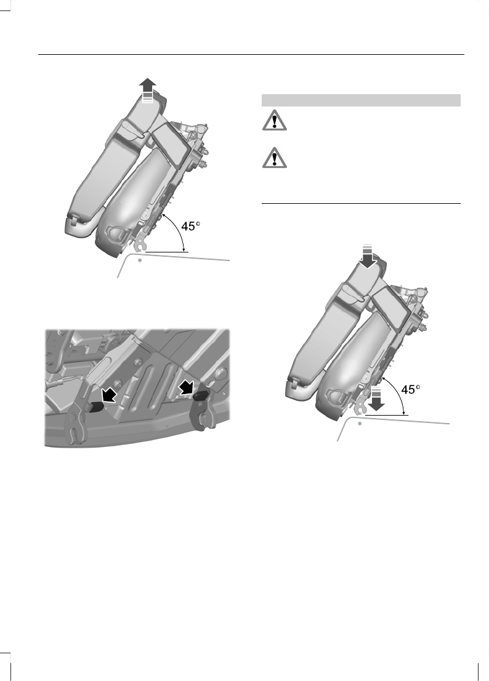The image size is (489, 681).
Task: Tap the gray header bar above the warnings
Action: click(x=361, y=100)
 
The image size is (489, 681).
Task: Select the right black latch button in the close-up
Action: click(x=201, y=397)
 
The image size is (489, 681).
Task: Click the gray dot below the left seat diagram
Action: click(x=140, y=260)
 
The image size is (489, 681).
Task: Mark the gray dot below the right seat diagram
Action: click(x=360, y=424)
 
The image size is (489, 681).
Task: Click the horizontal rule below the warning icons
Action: click(x=361, y=203)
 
